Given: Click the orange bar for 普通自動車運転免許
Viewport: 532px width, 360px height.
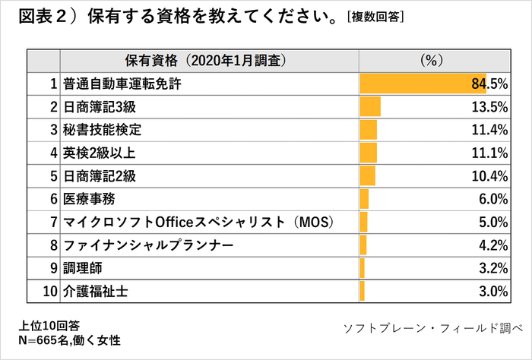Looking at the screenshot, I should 422,84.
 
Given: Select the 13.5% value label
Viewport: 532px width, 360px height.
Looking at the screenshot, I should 489,106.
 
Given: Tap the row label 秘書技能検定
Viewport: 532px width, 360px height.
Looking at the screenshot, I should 103,130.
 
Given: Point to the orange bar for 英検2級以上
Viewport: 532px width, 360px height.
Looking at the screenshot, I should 369,153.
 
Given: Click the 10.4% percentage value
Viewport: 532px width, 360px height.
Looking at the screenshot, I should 489,175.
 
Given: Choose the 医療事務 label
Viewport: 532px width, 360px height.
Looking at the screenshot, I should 90,199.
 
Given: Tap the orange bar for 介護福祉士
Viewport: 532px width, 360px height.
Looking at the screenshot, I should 363,291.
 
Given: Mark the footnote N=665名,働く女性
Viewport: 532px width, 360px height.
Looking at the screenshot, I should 70,339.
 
